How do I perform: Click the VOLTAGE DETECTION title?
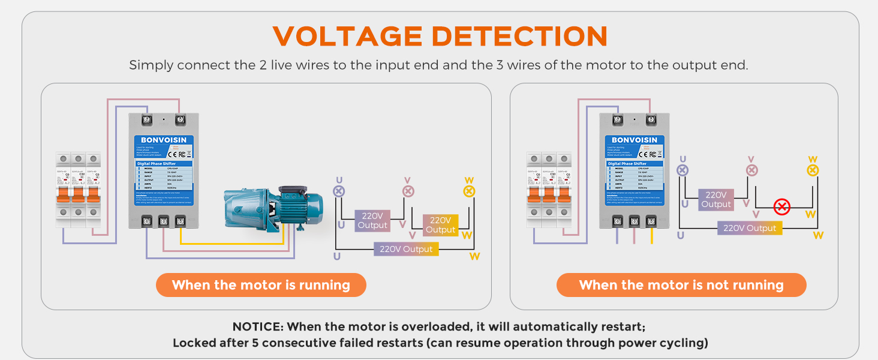pos(440,37)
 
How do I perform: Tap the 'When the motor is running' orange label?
pos(261,285)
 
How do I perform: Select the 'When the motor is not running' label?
pos(681,285)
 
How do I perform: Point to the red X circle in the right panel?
pos(781,208)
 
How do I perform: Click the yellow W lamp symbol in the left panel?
pos(469,191)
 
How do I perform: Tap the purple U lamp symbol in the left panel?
pos(339,191)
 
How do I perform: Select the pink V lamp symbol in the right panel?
pos(751,170)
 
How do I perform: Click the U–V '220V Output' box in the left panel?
pos(372,220)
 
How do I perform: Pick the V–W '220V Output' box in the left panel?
pos(441,225)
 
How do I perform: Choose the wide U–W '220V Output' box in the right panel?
pos(750,228)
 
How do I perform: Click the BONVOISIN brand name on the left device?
pos(164,140)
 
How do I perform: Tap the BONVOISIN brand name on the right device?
pos(635,140)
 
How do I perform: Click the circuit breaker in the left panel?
pos(78,190)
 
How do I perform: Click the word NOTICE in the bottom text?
pos(257,327)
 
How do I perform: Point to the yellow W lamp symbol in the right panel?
pos(813,170)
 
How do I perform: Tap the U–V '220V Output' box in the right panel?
pos(716,200)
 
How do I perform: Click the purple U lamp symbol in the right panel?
pos(682,170)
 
